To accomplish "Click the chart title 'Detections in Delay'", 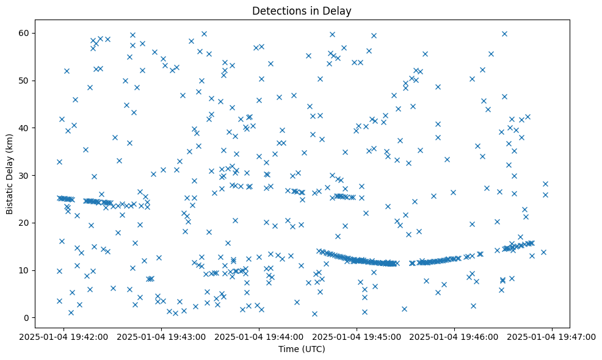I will [x=302, y=10].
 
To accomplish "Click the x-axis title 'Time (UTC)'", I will [x=302, y=349].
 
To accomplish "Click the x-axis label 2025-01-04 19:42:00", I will [x=64, y=336].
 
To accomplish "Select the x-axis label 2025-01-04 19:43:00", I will [x=162, y=336].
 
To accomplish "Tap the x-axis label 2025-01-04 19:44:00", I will [x=259, y=336].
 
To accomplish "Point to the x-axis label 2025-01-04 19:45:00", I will [x=357, y=336].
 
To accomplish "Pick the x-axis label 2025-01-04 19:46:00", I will [x=455, y=336].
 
